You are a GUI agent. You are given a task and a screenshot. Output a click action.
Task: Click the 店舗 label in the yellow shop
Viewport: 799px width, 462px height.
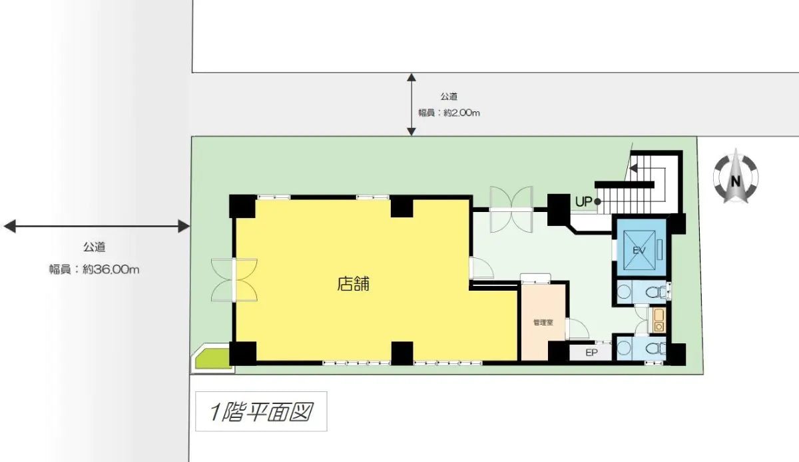tap(354, 285)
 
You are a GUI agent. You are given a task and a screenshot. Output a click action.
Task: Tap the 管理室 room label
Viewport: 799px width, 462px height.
tap(543, 323)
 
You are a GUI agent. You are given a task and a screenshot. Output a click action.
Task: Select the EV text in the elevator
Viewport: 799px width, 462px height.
tap(640, 251)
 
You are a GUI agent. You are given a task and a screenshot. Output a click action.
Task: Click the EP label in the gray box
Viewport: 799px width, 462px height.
tap(590, 352)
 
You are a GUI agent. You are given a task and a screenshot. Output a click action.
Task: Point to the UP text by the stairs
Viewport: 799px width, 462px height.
tap(583, 201)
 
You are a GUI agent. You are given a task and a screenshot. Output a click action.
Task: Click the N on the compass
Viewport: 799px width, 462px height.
tap(736, 181)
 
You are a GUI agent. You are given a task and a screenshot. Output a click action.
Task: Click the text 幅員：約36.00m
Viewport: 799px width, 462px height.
tap(94, 270)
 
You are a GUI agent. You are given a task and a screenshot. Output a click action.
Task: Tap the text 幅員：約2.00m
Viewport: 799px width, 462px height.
tap(449, 113)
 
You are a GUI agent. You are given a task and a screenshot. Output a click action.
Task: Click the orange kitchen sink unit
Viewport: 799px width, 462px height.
tap(659, 320)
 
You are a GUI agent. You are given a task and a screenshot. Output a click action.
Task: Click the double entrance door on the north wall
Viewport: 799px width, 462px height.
tap(511, 209)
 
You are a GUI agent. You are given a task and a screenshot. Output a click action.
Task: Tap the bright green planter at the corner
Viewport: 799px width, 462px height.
tap(212, 359)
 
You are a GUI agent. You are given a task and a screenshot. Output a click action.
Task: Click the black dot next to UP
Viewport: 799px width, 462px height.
tap(598, 201)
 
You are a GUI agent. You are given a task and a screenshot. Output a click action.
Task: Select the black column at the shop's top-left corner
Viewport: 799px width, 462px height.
tap(242, 206)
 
